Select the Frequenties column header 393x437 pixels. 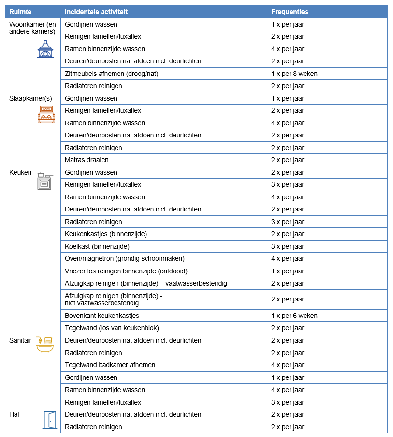(x=290, y=12)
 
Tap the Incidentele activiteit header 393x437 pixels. (x=96, y=12)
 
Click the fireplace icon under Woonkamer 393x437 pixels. (x=45, y=49)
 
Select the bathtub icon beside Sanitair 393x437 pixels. (x=45, y=344)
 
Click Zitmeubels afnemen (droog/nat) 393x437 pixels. (x=111, y=74)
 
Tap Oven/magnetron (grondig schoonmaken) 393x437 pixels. (x=124, y=258)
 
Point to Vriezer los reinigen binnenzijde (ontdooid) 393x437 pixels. (x=126, y=271)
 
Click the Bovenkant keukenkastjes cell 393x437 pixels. (x=102, y=316)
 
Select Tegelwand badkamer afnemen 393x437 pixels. (x=110, y=365)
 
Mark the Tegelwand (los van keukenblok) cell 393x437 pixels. (x=112, y=328)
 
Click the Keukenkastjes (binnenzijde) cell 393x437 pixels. (x=105, y=234)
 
